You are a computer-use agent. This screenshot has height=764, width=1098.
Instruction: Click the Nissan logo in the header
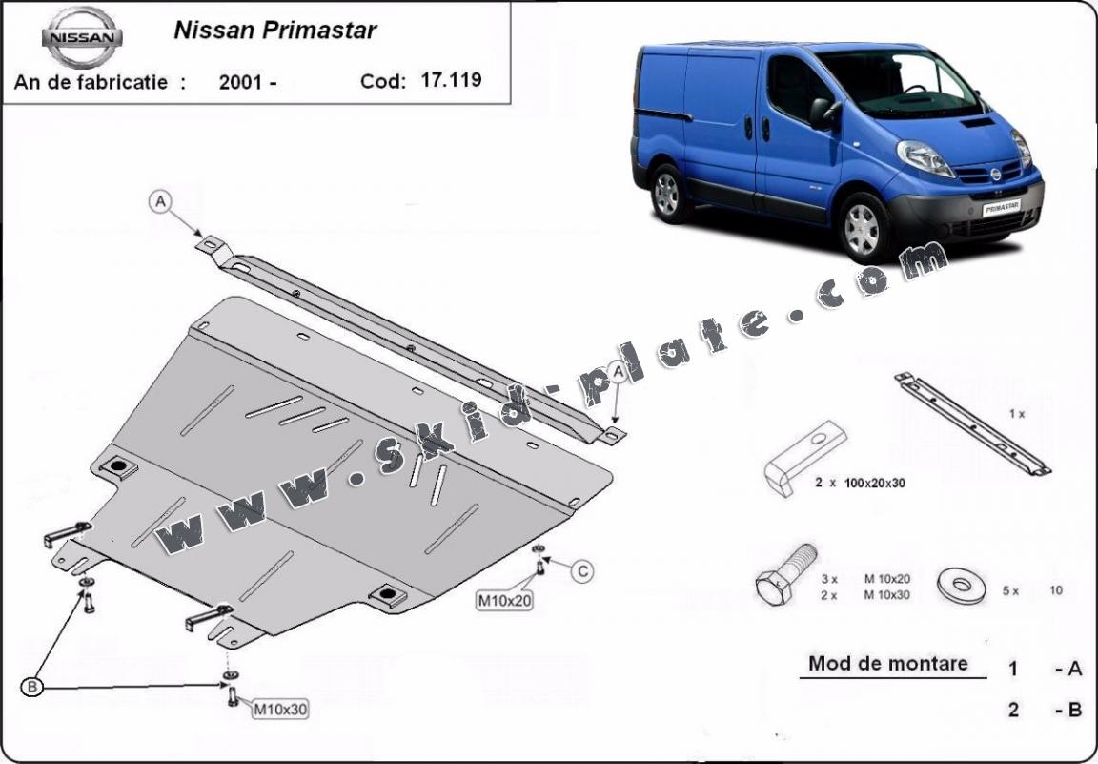click(x=82, y=38)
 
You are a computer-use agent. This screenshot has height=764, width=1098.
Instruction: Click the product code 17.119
click(x=451, y=79)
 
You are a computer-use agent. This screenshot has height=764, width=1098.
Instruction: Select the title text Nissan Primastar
click(x=275, y=31)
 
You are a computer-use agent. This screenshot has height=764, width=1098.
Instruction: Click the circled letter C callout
click(x=582, y=571)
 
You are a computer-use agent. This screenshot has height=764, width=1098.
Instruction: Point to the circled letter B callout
click(x=32, y=687)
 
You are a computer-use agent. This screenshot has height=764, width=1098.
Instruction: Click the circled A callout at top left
click(x=160, y=202)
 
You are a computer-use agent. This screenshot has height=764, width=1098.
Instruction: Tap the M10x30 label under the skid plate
click(x=279, y=710)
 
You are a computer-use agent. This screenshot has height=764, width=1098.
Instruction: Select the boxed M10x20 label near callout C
click(x=504, y=601)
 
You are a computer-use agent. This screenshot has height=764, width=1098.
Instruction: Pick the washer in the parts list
click(x=962, y=585)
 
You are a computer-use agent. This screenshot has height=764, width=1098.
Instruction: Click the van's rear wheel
click(x=666, y=194)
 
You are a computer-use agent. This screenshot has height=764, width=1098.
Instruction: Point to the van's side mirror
click(x=822, y=114)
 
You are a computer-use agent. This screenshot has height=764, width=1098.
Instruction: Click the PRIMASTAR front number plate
click(x=1001, y=208)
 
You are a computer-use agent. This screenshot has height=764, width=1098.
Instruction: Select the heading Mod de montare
click(x=888, y=663)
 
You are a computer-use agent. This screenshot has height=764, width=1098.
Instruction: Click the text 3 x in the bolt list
click(x=830, y=579)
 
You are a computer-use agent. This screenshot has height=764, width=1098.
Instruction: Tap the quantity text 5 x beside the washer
click(x=1010, y=590)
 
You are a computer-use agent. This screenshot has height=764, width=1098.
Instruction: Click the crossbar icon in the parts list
click(x=972, y=423)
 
